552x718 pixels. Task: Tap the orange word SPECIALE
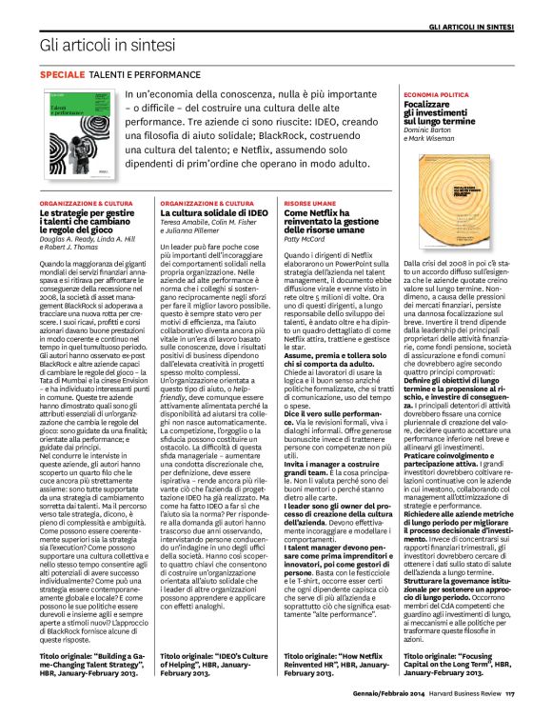click(x=62, y=73)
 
